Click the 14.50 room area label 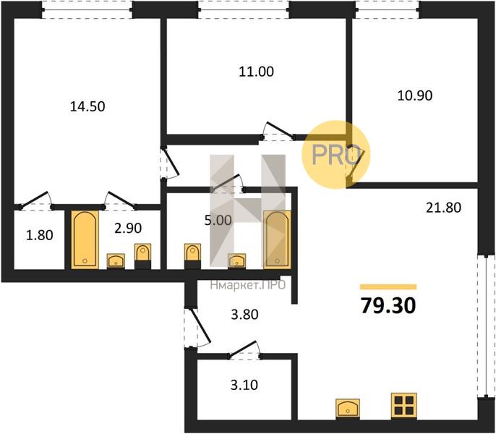(x=87, y=106)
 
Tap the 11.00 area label (x=256, y=72)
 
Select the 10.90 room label (x=415, y=95)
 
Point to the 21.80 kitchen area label (x=443, y=208)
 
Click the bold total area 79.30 (x=388, y=306)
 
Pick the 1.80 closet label (x=40, y=236)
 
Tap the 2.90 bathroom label (x=128, y=228)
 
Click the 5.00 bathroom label (x=218, y=221)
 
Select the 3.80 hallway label (x=244, y=315)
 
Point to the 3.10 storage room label (x=244, y=386)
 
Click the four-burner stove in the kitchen (x=404, y=406)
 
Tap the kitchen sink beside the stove (x=348, y=409)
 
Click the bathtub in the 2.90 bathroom (x=85, y=240)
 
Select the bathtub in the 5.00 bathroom (x=277, y=239)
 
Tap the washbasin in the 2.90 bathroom (x=116, y=261)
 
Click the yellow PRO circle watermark (x=335, y=155)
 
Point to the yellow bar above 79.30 (x=388, y=286)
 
